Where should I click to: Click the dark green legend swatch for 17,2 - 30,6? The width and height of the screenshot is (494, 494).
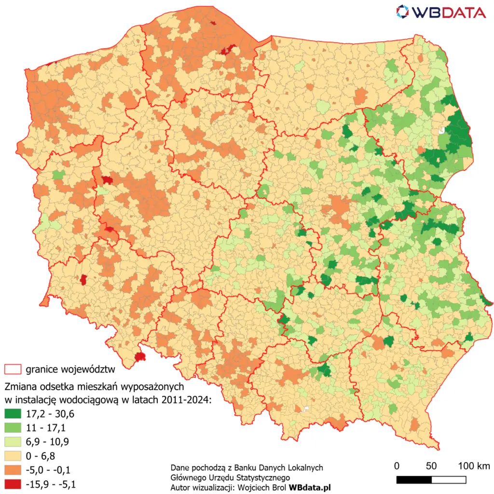[13, 413]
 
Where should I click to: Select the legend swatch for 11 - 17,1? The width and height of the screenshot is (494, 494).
[13, 427]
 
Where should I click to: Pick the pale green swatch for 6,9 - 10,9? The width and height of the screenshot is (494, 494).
[13, 441]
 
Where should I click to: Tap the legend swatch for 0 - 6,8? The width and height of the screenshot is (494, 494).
[13, 455]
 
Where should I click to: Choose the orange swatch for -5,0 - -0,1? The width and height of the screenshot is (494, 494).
[13, 469]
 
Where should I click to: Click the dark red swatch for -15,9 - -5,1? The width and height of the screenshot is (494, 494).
[13, 483]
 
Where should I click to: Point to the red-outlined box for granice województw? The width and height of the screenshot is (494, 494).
[13, 370]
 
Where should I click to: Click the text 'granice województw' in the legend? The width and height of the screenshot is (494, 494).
[70, 370]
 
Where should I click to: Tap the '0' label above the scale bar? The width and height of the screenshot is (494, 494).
[397, 466]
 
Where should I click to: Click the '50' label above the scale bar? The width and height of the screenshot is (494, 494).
[431, 466]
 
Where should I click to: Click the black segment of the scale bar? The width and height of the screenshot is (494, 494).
[414, 480]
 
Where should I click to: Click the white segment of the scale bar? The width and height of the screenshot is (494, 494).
[449, 480]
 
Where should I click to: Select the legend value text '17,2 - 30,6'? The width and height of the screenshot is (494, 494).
[47, 413]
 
